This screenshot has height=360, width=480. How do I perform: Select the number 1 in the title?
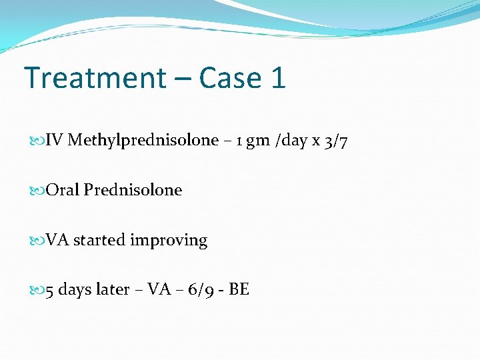[x=278, y=78]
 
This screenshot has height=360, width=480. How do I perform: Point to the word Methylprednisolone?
[x=143, y=141]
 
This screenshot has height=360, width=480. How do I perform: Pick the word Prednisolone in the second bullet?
[x=133, y=191]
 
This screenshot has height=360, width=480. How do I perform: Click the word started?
[x=99, y=241]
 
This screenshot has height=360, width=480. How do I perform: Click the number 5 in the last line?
[x=50, y=291]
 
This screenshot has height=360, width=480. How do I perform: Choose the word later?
[x=113, y=291]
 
